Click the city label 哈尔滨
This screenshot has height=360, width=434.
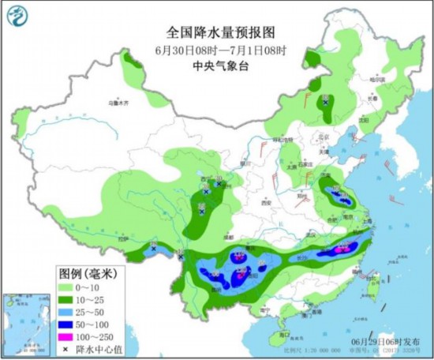pyautogui.click(x=377, y=80)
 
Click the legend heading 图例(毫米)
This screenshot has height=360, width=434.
pyautogui.click(x=86, y=273)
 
